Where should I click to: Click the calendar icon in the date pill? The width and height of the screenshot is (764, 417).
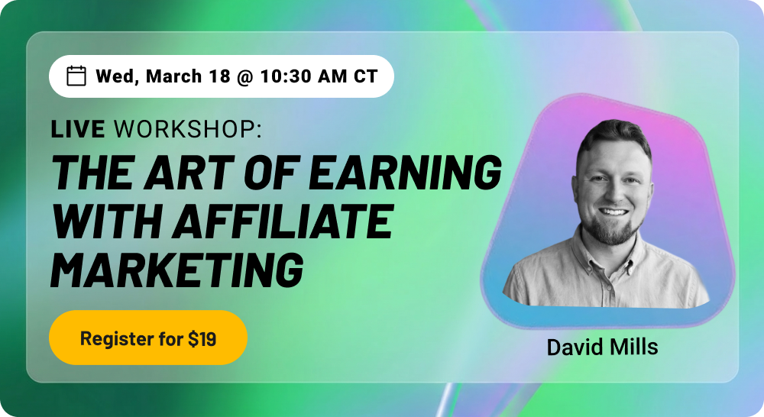(76, 76)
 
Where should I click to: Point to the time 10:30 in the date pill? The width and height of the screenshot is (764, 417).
(283, 76)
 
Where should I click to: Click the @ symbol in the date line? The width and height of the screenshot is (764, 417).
(244, 76)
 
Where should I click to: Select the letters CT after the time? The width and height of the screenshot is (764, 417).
(366, 76)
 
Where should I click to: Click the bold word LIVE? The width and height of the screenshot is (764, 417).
(78, 130)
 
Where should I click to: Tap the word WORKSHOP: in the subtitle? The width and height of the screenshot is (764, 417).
(187, 130)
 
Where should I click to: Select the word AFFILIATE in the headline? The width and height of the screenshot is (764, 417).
(283, 221)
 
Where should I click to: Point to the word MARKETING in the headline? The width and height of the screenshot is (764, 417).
(176, 269)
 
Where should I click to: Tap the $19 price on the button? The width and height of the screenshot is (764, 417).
(202, 339)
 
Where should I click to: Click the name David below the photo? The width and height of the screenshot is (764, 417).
(572, 347)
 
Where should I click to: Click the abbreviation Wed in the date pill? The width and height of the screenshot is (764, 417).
(115, 76)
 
